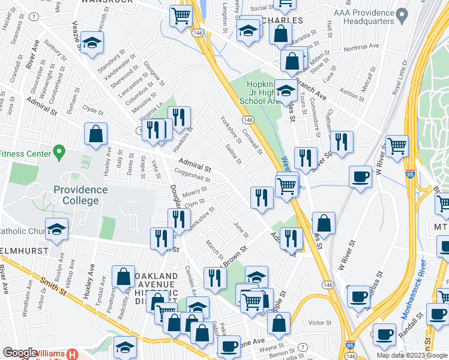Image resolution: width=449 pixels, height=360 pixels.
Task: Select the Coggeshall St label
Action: (x=193, y=175)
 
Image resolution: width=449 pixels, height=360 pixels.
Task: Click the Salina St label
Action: (x=234, y=154)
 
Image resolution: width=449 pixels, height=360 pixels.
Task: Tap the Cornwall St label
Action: (x=252, y=139)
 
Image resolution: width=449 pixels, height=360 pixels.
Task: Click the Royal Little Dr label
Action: (x=400, y=77)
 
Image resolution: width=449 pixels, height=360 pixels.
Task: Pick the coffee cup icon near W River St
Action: (x=360, y=177)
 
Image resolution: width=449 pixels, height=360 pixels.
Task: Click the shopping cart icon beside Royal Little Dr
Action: (x=397, y=146)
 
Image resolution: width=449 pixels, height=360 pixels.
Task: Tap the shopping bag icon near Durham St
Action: (x=96, y=134)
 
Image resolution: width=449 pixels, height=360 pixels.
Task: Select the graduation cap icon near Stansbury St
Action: (x=92, y=43)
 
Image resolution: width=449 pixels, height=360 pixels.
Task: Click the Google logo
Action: (x=20, y=353)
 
